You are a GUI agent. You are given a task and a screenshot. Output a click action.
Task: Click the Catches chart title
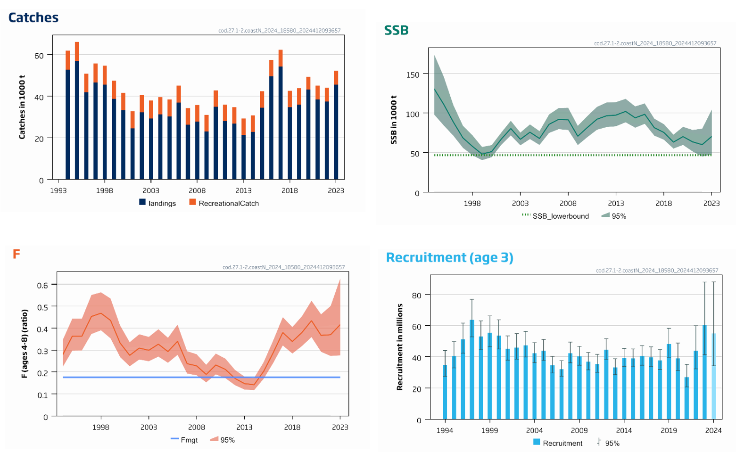(33, 17)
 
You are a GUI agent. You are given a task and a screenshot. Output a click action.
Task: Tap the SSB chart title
(396, 30)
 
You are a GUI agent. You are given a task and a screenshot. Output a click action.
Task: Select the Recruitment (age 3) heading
(449, 257)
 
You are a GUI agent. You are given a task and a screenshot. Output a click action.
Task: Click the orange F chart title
(16, 254)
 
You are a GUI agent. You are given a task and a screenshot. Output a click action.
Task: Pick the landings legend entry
(157, 203)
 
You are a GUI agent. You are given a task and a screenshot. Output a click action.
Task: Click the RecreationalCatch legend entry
(224, 203)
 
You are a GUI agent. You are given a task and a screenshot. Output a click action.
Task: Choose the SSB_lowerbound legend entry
(555, 216)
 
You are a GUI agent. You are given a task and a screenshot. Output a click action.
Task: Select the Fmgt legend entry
(184, 440)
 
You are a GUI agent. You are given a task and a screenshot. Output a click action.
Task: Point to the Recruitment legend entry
(558, 443)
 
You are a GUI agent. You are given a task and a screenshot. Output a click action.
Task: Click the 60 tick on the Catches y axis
(39, 55)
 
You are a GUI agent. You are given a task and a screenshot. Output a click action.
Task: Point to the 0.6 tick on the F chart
(42, 285)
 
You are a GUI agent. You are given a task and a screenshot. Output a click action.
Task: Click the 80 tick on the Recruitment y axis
(416, 295)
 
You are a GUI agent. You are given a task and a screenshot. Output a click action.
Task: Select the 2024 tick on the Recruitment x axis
(713, 430)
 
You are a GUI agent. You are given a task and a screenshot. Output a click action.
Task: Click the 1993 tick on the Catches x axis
(58, 190)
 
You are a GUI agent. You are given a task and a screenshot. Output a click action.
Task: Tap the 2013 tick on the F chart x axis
(244, 427)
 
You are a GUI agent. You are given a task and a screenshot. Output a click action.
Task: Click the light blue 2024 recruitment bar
(713, 377)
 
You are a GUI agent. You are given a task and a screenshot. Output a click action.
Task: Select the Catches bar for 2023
(336, 132)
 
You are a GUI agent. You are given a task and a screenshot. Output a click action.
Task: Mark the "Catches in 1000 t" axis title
(22, 107)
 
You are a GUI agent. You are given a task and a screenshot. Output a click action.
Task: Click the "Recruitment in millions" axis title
(400, 347)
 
